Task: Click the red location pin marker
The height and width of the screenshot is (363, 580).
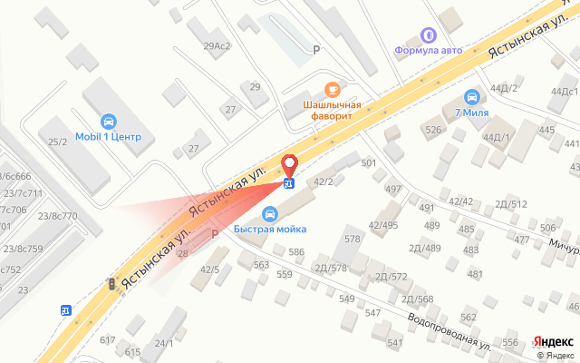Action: click(x=290, y=166)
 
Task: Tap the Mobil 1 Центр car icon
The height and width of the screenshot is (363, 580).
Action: click(x=109, y=122)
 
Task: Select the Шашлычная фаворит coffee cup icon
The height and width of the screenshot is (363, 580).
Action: click(x=332, y=89)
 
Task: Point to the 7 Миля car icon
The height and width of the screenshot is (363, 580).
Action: click(x=471, y=97)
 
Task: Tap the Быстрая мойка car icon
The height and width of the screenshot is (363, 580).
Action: click(x=269, y=214)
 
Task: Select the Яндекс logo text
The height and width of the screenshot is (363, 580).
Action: click(x=551, y=340)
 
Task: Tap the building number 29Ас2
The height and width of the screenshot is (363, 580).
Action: click(x=217, y=45)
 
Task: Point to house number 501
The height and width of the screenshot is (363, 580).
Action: click(x=368, y=163)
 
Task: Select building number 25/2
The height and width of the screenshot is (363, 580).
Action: click(x=58, y=142)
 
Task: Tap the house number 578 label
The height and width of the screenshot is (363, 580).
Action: click(x=353, y=238)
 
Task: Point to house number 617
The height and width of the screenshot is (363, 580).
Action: click(x=108, y=339)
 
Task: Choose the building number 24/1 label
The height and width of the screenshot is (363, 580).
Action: click(x=163, y=342)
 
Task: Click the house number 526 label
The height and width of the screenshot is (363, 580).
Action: click(x=433, y=131)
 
